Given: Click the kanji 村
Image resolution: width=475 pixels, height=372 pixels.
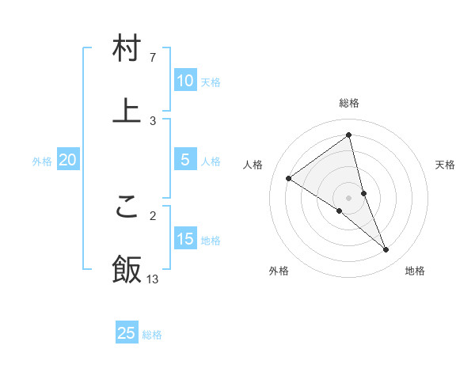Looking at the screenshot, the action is (127, 49).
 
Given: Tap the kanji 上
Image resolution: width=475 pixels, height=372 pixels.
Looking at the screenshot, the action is (127, 111).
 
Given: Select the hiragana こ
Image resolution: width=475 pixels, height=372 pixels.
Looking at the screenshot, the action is (127, 207).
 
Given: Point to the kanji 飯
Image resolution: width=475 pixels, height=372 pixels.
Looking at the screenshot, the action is (127, 269).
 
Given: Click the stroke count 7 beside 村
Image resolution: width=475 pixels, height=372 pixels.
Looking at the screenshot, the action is (153, 58).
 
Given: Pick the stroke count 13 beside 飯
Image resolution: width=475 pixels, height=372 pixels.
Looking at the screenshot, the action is (153, 279).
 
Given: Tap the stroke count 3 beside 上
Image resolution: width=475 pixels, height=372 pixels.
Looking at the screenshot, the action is (153, 120).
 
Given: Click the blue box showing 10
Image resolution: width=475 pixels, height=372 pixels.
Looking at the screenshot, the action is (185, 81).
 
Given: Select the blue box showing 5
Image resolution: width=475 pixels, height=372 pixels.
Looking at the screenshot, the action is (185, 160).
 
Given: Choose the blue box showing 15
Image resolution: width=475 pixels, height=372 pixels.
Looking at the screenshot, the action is (185, 239).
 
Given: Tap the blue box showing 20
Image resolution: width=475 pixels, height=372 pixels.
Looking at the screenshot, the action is (67, 160).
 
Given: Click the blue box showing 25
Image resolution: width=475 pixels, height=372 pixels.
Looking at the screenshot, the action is (127, 333).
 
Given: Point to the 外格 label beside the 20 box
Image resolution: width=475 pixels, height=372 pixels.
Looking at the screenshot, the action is (42, 161).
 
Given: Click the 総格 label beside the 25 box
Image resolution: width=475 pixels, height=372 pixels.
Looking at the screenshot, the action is (152, 335).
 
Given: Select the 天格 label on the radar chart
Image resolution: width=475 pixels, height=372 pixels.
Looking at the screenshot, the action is (446, 165).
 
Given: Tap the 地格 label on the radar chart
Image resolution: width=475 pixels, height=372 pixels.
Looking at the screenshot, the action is (415, 271).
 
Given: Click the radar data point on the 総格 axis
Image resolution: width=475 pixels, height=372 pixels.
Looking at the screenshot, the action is (348, 135).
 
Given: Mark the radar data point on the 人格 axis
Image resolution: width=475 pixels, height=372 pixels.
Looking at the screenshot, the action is (289, 178).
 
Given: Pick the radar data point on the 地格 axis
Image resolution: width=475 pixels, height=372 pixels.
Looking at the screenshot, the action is (386, 250).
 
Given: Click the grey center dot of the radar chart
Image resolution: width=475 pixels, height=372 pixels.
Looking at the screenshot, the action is (348, 197).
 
